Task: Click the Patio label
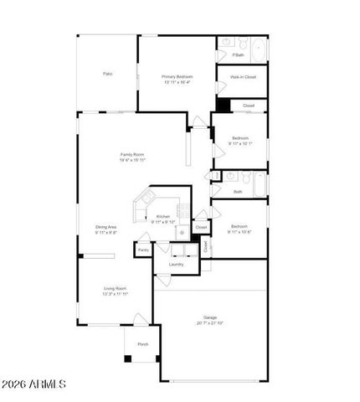(108, 75)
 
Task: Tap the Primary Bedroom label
(177, 76)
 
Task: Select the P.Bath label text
(239, 54)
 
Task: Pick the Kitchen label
(162, 216)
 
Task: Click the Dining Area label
(105, 226)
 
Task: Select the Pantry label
(143, 250)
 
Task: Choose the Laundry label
(176, 264)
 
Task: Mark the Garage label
(209, 317)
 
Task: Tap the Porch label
(142, 344)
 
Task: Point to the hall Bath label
(238, 192)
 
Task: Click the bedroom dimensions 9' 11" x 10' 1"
(240, 143)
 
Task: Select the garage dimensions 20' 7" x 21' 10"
(209, 323)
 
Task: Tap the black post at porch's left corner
(127, 358)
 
